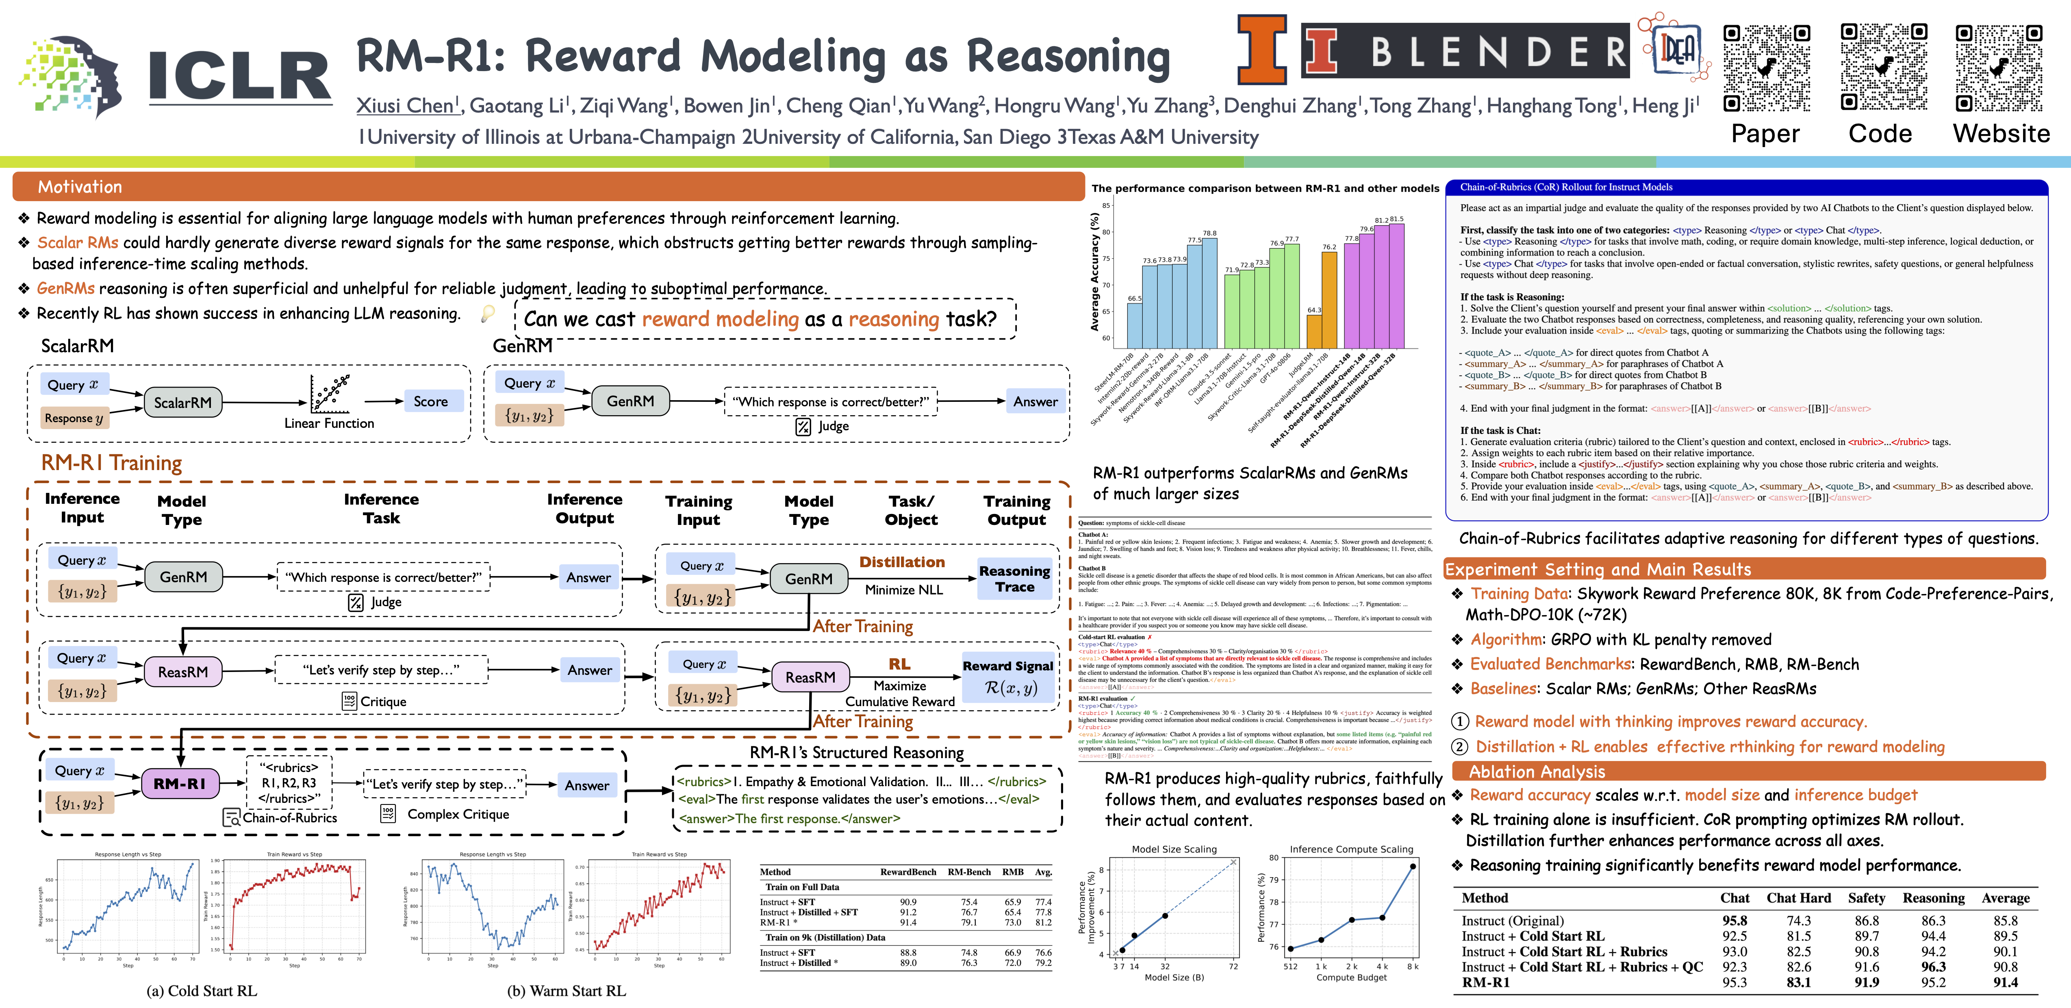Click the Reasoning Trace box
pos(1015,579)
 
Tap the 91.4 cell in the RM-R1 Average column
pos(2005,982)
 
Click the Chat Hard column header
pos(1798,898)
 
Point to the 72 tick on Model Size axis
pos(1233,966)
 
